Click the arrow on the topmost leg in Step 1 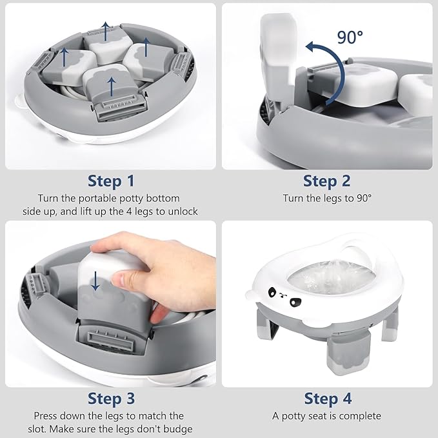106,29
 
